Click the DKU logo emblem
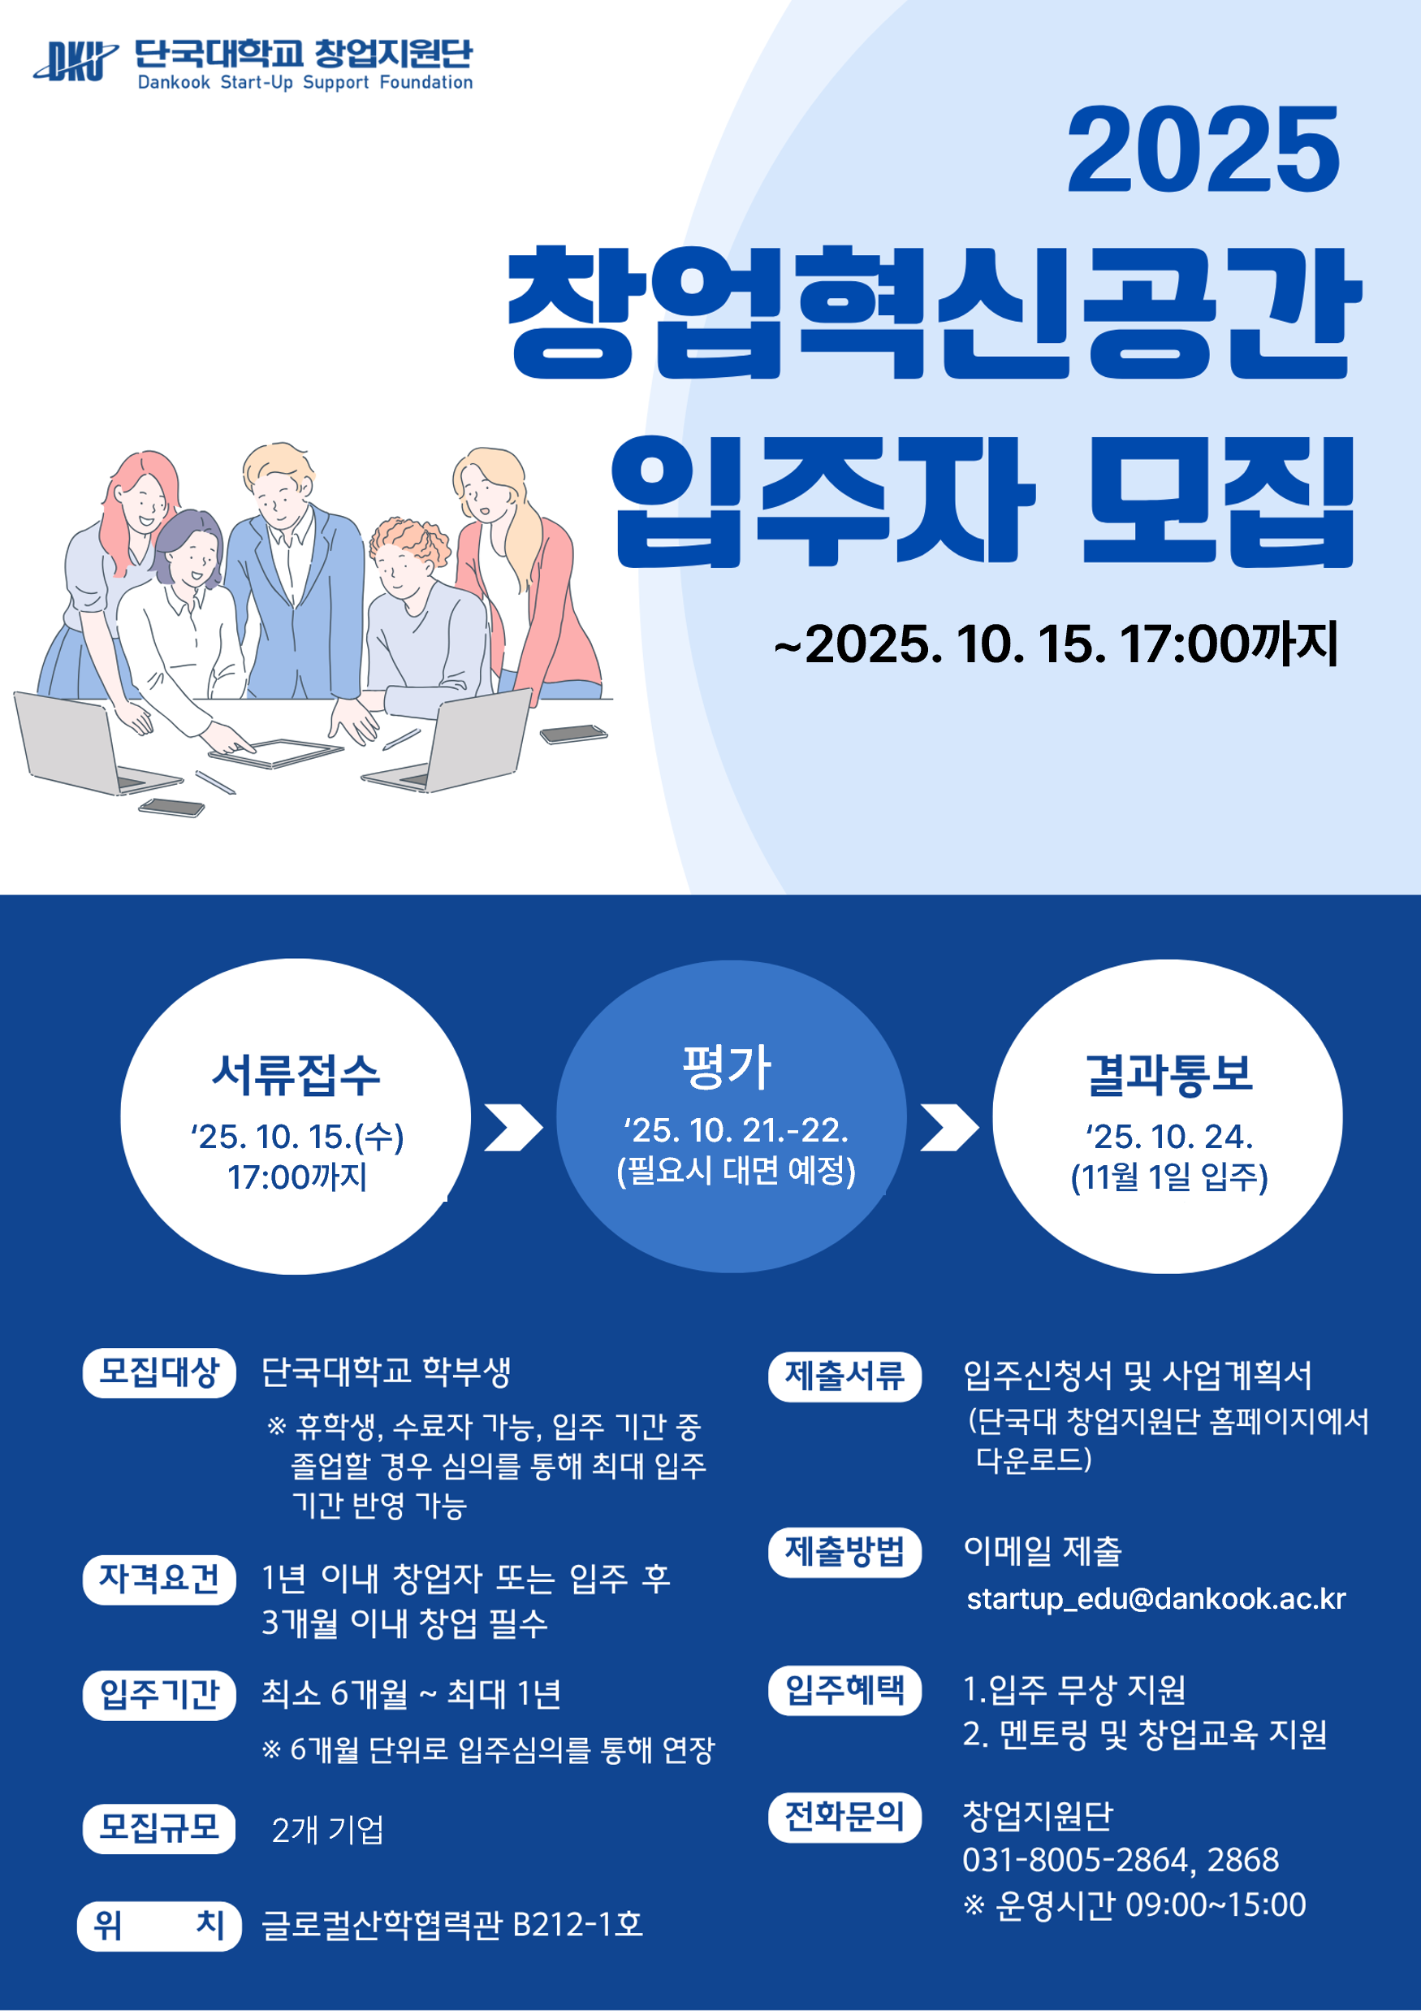(76, 61)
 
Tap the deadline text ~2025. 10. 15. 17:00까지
(1056, 644)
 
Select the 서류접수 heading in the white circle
(296, 1075)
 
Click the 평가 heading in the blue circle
(728, 1068)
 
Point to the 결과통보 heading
(1170, 1075)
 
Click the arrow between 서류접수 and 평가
(513, 1127)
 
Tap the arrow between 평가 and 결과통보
(949, 1127)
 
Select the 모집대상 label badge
(159, 1372)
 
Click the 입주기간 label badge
(159, 1695)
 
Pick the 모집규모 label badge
(159, 1828)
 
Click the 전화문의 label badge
(845, 1818)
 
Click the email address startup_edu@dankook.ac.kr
(1155, 1599)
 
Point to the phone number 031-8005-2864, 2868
(1121, 1860)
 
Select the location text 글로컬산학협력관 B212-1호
(452, 1924)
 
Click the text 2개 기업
(327, 1830)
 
